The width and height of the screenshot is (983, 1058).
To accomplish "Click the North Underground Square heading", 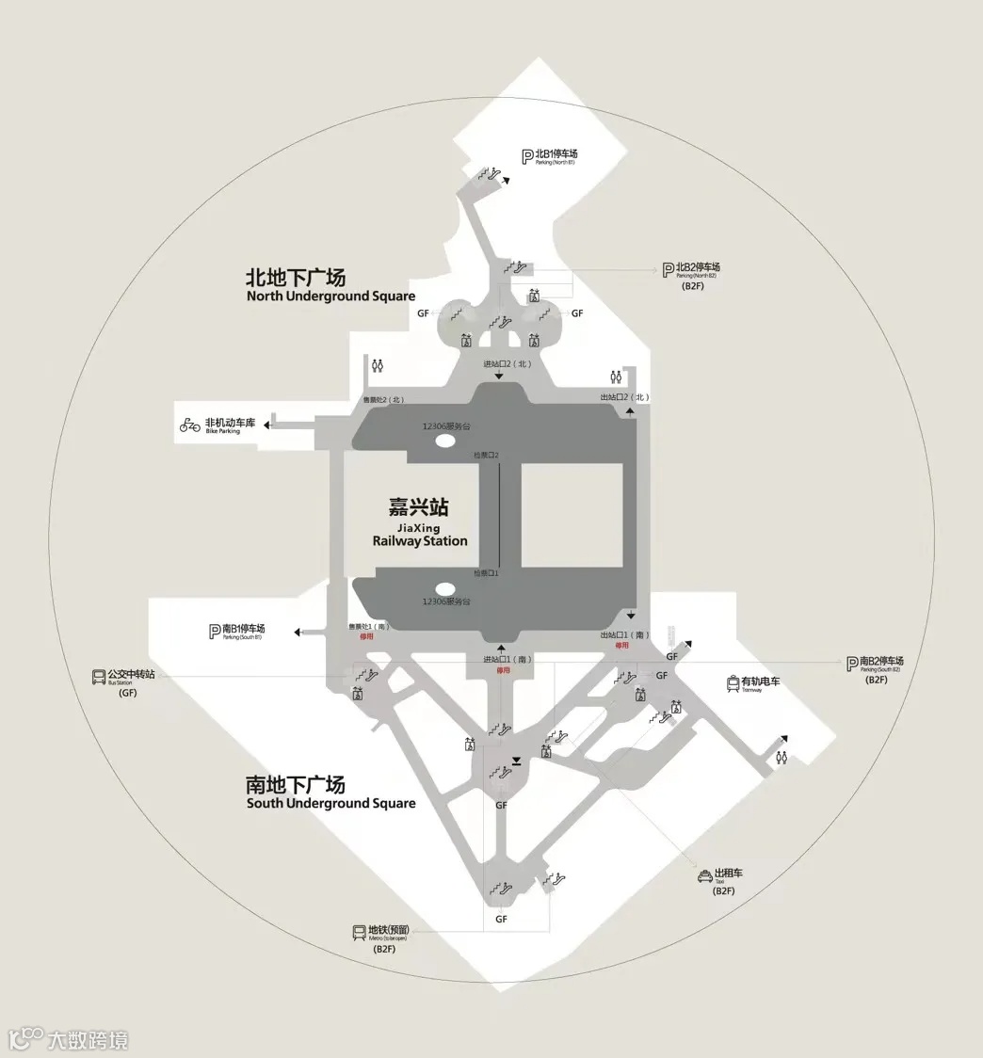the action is tap(330, 285).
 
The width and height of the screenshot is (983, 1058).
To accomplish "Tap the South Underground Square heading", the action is tap(330, 793).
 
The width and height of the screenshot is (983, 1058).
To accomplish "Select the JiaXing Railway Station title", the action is tap(419, 523).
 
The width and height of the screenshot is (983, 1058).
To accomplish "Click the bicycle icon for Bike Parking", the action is tap(190, 425).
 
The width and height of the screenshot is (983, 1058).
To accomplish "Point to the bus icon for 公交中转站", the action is tap(98, 676).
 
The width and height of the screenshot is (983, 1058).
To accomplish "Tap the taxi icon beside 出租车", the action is tap(704, 877).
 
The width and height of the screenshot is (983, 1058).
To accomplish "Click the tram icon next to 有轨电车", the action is tap(733, 683).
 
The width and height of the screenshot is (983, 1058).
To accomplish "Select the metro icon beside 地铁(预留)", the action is tap(359, 932).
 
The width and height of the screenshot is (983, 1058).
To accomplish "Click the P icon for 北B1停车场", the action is tap(527, 155).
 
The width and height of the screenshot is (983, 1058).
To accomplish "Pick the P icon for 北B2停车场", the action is tap(668, 269).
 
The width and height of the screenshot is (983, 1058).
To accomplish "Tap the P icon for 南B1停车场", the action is tap(215, 631).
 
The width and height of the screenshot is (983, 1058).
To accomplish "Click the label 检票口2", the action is tap(486, 456).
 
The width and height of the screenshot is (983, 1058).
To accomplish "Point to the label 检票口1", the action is tap(486, 572).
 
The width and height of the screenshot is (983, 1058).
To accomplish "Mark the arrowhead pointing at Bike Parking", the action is tap(267, 425).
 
